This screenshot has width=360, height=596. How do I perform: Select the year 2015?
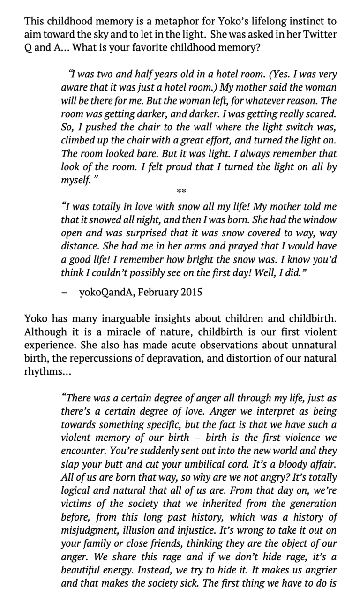pos(192,292)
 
